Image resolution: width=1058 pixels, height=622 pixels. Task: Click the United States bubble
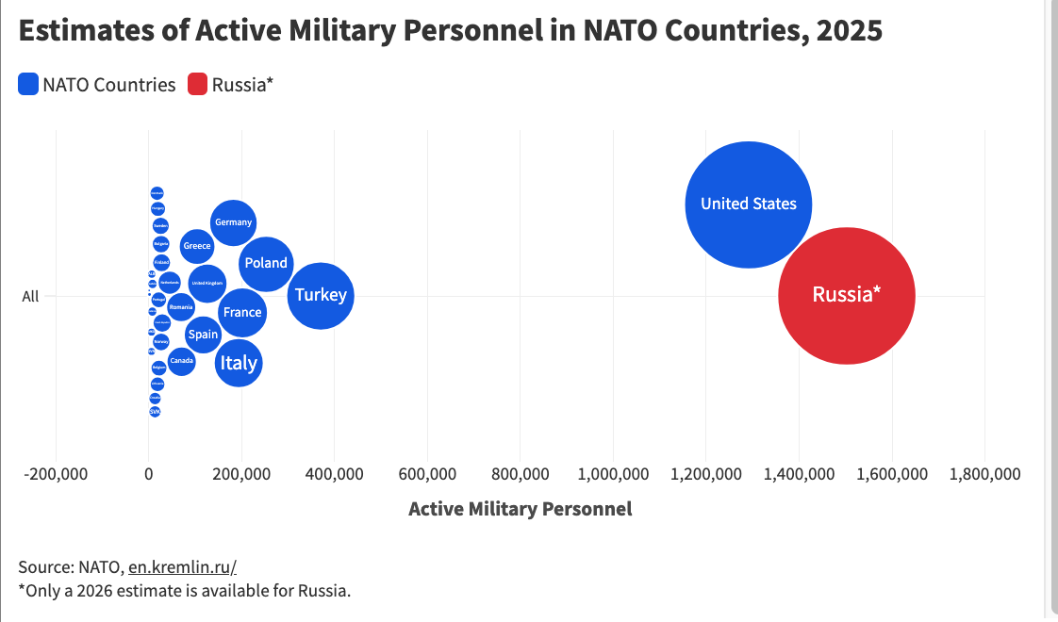pyautogui.click(x=748, y=205)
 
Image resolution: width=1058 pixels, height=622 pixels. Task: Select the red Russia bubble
pyautogui.click(x=846, y=295)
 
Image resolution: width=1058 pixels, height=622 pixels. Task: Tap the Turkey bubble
pyautogui.click(x=321, y=295)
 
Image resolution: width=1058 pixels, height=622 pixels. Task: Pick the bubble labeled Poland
pyautogui.click(x=266, y=263)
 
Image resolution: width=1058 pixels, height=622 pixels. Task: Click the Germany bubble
pyautogui.click(x=233, y=222)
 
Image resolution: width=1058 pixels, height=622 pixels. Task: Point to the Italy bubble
pyautogui.click(x=238, y=363)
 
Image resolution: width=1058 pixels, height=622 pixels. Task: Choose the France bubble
pyautogui.click(x=242, y=312)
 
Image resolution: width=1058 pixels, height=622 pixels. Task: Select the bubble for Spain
pyautogui.click(x=203, y=335)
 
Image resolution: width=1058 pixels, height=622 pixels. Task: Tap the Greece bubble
pyautogui.click(x=196, y=246)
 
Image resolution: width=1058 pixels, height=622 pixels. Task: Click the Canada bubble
pyautogui.click(x=181, y=361)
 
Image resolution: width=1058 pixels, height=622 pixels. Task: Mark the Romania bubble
pyautogui.click(x=179, y=307)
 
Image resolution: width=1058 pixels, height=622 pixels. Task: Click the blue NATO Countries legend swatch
pyautogui.click(x=28, y=85)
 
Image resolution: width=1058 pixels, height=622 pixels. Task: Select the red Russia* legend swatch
pyautogui.click(x=197, y=85)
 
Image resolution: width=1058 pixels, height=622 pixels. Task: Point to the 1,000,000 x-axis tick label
pyautogui.click(x=614, y=474)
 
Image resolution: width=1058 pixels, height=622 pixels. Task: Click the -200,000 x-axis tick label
pyautogui.click(x=56, y=474)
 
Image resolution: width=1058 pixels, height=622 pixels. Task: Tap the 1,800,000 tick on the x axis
pyautogui.click(x=984, y=474)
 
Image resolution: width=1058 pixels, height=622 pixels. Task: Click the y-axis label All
pyautogui.click(x=30, y=296)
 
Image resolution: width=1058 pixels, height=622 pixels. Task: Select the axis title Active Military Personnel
pyautogui.click(x=520, y=509)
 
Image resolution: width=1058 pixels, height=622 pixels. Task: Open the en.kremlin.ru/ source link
pyautogui.click(x=182, y=566)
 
